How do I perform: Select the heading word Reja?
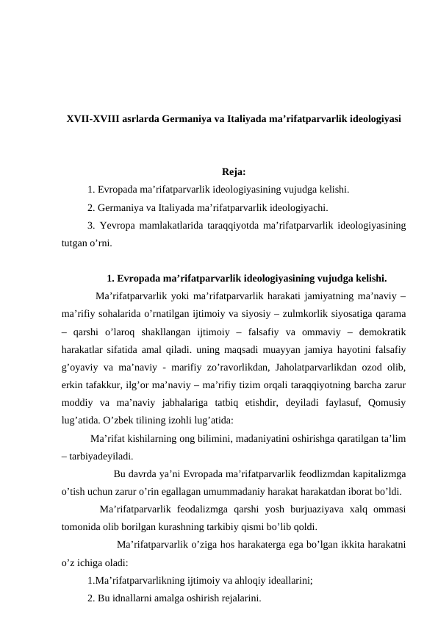(233, 173)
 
